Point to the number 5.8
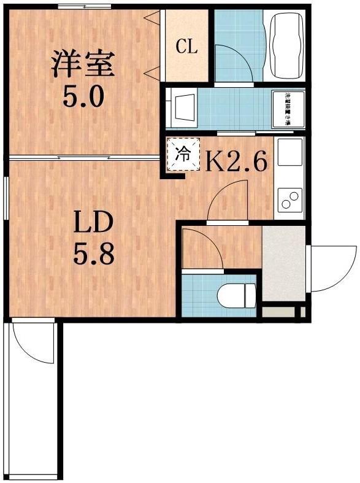(94, 254)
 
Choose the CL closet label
(186, 47)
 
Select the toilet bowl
(238, 295)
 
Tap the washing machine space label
(286, 109)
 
